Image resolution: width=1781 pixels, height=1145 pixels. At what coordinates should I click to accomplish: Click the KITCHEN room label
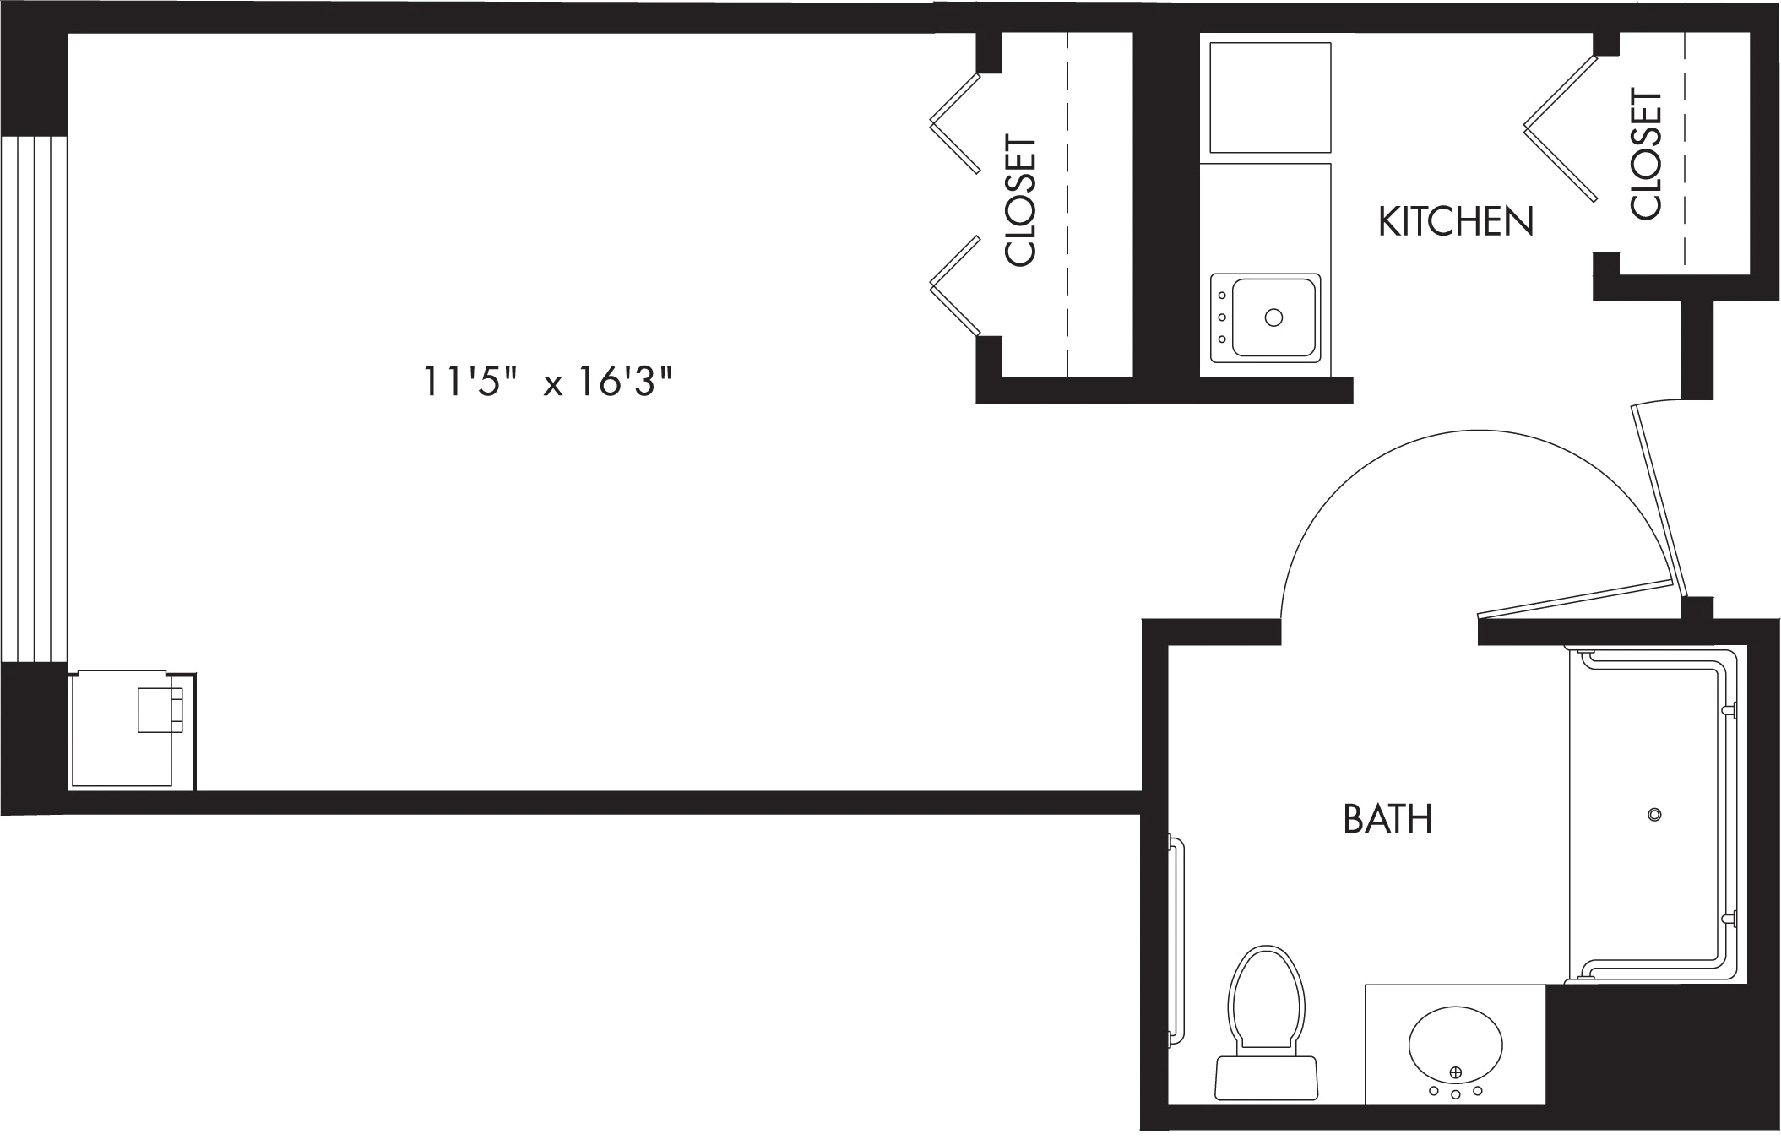(x=1455, y=221)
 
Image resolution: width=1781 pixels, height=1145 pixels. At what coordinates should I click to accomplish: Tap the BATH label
(x=1387, y=819)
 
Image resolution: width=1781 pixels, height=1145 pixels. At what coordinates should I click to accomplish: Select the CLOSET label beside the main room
(x=1020, y=201)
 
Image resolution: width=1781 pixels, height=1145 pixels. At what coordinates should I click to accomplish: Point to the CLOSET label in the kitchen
(x=1647, y=155)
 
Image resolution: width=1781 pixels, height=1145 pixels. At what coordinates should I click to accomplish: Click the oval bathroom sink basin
(x=1455, y=1044)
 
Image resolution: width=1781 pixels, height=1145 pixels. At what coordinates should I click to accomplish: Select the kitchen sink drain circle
(x=1273, y=317)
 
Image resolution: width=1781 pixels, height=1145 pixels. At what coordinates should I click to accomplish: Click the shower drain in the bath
(x=1654, y=815)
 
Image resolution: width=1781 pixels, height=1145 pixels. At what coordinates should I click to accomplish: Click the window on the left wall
(x=34, y=399)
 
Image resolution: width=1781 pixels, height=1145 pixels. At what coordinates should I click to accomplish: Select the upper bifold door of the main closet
(x=955, y=123)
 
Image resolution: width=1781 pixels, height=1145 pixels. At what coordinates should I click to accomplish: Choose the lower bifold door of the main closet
(x=955, y=285)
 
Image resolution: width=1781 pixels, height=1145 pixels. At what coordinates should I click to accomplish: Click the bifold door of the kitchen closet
(x=1561, y=128)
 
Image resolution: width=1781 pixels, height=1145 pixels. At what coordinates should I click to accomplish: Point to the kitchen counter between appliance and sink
(x=1265, y=217)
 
